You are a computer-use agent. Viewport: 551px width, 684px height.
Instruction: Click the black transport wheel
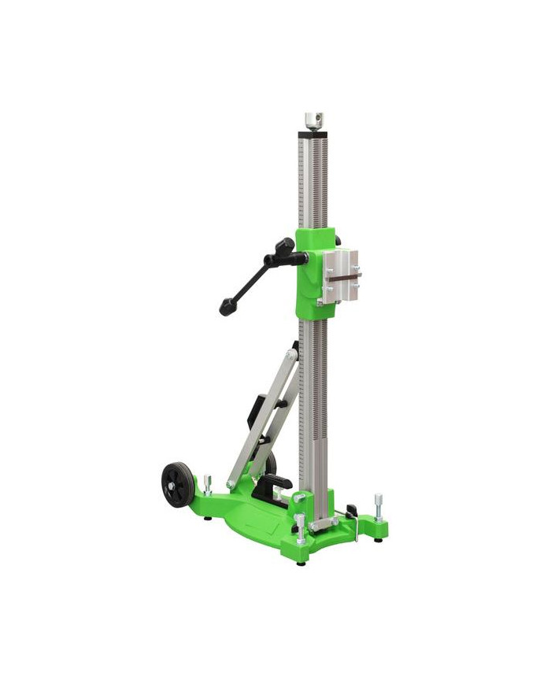point(177,484)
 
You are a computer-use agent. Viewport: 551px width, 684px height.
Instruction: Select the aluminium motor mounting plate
point(341,276)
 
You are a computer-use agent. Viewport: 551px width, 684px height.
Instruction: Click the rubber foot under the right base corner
point(379,539)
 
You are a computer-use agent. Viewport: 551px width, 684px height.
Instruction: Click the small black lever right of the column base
point(351,511)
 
